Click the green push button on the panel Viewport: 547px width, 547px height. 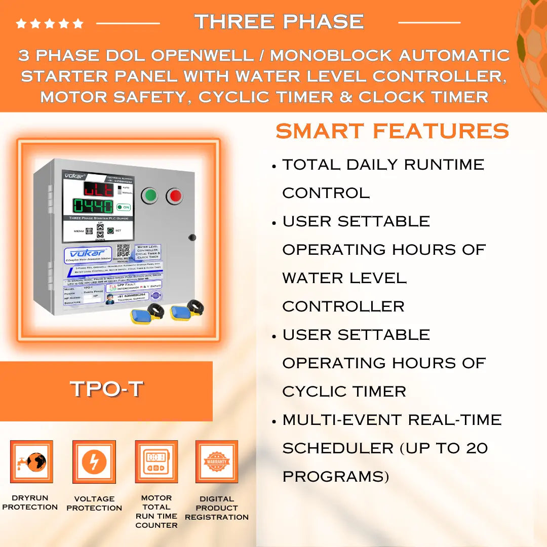tap(149, 196)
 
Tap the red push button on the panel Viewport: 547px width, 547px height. tap(174, 196)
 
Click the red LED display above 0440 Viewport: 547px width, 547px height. tap(98, 189)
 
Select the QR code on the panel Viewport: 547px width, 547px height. tap(123, 251)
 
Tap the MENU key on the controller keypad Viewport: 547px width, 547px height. tap(89, 231)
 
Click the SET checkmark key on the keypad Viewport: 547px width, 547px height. tap(110, 230)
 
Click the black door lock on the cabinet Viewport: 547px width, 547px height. tap(192, 237)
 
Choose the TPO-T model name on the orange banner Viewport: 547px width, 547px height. tap(106, 389)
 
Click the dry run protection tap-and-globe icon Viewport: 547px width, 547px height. tap(31, 462)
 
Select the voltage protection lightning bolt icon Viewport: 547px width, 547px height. tap(94, 462)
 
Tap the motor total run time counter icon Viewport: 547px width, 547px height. tap(156, 461)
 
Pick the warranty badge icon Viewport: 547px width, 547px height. tap(217, 461)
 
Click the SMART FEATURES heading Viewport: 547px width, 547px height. tap(392, 131)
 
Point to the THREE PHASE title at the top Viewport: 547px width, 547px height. tap(279, 21)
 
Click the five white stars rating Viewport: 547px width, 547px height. tap(49, 23)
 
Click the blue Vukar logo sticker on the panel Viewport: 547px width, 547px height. tap(88, 255)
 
